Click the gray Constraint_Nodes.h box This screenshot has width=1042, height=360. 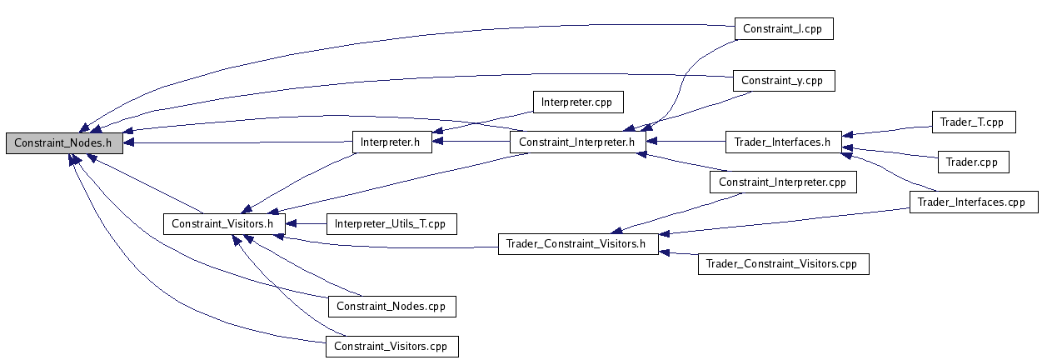tap(64, 142)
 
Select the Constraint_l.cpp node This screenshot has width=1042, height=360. tap(783, 28)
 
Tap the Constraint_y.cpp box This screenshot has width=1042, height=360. tap(783, 81)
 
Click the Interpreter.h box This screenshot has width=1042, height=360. tap(390, 142)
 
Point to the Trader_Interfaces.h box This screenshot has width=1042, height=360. tap(783, 142)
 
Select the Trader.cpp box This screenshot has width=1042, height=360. tap(973, 161)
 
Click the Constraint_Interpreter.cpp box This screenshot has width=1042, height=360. tap(782, 182)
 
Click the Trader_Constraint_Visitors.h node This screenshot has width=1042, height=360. tap(577, 243)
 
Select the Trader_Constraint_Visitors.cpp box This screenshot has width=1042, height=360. tap(782, 264)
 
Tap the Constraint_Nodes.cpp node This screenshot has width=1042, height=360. tap(391, 306)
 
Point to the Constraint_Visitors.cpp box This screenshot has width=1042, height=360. tap(391, 346)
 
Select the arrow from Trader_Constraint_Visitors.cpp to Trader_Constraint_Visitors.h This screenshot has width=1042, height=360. tap(679, 253)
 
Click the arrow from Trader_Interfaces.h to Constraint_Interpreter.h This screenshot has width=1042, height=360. tap(685, 142)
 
